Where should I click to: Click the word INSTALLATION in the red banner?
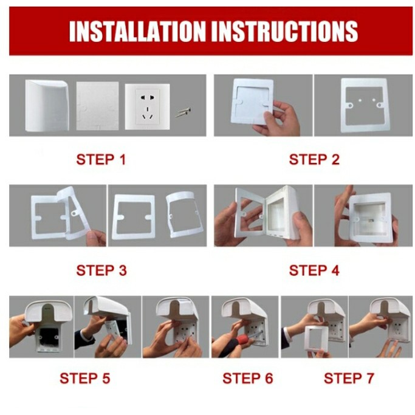click(x=137, y=31)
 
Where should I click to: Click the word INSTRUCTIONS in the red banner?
click(x=284, y=31)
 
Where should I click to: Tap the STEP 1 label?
click(x=101, y=160)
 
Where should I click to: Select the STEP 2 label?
click(x=314, y=160)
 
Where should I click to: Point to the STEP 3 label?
click(x=101, y=270)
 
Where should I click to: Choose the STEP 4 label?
click(x=314, y=270)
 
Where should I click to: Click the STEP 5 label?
click(x=84, y=378)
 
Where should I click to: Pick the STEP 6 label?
click(x=247, y=378)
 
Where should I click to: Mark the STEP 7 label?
click(x=349, y=378)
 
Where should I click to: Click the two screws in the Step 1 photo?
click(x=183, y=112)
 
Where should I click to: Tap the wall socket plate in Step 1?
click(x=148, y=107)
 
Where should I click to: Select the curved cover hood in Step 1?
click(x=47, y=105)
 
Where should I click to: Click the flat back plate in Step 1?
click(x=97, y=106)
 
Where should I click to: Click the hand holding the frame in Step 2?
click(x=280, y=119)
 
